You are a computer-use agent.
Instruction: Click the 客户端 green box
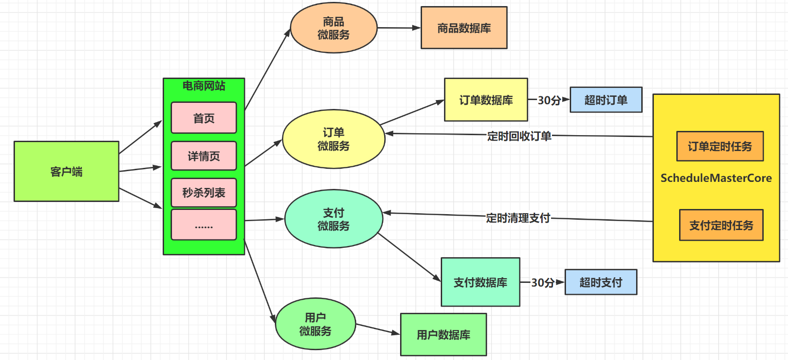[x=66, y=172]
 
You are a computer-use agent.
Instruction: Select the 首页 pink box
[x=204, y=118]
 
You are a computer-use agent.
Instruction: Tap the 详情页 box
[x=204, y=156]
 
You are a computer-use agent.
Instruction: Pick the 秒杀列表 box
[x=204, y=192]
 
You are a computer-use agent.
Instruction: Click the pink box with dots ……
[x=204, y=225]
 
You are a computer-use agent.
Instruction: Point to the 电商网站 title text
[x=204, y=86]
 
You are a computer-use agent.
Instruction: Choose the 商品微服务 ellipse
[x=333, y=28]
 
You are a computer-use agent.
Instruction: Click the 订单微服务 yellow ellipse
[x=333, y=139]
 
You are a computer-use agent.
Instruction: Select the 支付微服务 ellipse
[x=333, y=219]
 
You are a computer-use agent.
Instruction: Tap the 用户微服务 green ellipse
[x=315, y=324]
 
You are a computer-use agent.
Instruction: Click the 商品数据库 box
[x=464, y=28]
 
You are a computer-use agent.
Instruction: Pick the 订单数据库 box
[x=486, y=100]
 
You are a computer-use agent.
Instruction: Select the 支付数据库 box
[x=480, y=282]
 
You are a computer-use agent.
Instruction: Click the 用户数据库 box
[x=443, y=334]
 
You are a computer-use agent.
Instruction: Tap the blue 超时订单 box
[x=606, y=100]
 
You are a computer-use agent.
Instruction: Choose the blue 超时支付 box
[x=601, y=282]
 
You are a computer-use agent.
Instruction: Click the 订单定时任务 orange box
[x=720, y=146]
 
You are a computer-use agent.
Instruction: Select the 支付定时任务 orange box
[x=721, y=225]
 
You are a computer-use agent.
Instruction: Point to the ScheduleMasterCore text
[x=716, y=178]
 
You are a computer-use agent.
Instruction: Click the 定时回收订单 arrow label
[x=519, y=136]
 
